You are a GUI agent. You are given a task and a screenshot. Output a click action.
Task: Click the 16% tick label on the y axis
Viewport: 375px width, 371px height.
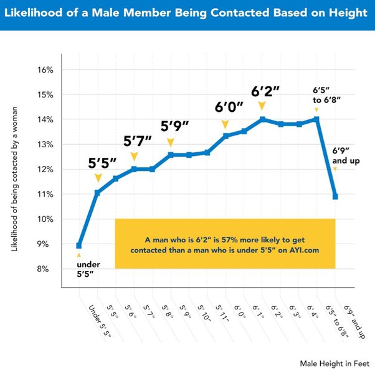[x=45, y=70]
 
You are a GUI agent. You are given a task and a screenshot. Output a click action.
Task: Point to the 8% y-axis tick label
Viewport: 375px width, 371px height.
[x=43, y=269]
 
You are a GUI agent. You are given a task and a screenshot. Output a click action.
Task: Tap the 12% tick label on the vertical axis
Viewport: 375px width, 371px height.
[x=45, y=170]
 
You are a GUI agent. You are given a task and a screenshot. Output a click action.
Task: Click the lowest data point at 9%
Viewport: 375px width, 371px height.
[x=78, y=245]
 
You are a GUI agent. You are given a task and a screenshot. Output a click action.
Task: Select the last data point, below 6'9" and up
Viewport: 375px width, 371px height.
[x=335, y=196]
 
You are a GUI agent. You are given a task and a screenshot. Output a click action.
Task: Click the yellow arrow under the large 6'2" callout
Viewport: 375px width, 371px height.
[x=262, y=106]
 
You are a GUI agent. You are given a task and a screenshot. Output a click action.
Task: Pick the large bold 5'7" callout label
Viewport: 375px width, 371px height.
[x=138, y=141]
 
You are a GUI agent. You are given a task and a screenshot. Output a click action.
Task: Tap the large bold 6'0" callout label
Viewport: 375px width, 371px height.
[x=229, y=107]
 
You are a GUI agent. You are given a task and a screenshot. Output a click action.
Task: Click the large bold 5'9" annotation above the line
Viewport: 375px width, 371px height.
[x=174, y=126]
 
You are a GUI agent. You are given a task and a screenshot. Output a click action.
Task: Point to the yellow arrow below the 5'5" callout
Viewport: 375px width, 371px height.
[x=98, y=178]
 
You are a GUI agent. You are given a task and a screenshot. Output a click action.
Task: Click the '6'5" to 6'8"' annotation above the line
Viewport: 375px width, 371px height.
[x=326, y=95]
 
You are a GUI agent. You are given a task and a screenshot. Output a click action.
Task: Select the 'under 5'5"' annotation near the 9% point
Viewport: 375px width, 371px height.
[x=88, y=269]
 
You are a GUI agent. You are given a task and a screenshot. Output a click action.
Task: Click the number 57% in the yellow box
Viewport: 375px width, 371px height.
[x=230, y=239]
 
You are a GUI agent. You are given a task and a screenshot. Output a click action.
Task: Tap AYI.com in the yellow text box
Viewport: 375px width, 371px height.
[x=304, y=250]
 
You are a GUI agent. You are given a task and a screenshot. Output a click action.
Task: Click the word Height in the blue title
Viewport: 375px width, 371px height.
[x=348, y=12]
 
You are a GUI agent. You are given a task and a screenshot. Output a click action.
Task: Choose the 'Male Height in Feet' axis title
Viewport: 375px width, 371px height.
[x=335, y=364]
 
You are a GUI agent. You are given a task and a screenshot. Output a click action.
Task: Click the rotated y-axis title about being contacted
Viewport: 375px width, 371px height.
[x=14, y=179]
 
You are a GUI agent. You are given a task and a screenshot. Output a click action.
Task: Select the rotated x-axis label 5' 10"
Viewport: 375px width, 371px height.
[x=204, y=313]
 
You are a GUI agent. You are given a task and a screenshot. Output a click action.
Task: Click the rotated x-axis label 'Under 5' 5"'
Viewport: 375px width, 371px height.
[x=100, y=321]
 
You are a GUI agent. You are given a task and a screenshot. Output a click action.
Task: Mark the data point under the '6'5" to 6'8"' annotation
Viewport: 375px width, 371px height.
[x=316, y=119]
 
